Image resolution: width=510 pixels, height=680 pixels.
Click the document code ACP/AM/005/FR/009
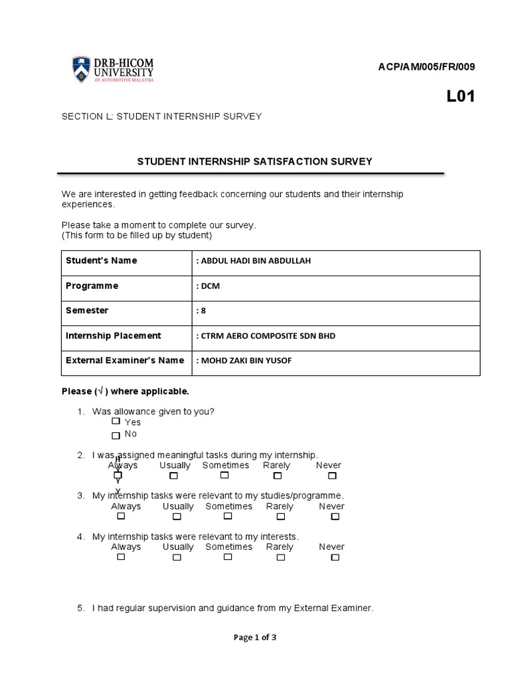[426, 66]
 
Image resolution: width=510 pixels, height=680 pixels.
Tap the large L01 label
[460, 97]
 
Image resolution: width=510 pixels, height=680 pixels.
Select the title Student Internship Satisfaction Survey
[254, 161]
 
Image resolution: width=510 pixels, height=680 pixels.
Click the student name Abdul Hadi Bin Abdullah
[254, 261]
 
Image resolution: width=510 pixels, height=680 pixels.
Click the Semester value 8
[201, 311]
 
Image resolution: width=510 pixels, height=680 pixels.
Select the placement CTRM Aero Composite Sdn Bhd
[266, 336]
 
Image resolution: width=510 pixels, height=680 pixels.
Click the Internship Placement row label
[113, 335]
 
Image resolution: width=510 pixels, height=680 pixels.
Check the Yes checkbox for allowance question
[116, 421]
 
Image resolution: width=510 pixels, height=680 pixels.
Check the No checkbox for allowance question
[116, 435]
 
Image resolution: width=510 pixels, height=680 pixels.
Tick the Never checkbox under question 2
[332, 475]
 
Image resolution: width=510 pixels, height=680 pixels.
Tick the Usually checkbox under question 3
[177, 516]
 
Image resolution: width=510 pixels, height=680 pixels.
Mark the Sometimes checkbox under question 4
[227, 556]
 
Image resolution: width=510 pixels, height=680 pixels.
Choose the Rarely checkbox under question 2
[278, 475]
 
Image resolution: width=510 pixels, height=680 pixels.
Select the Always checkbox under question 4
[121, 556]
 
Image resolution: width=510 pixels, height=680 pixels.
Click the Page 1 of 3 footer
[255, 637]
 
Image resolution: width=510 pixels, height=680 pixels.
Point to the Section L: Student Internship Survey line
[161, 116]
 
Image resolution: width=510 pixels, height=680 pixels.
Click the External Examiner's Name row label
[125, 360]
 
